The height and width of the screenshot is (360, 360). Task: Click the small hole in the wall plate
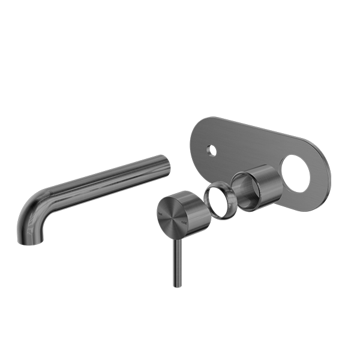click(211, 149)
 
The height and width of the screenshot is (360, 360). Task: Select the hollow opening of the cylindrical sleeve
click(244, 186)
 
